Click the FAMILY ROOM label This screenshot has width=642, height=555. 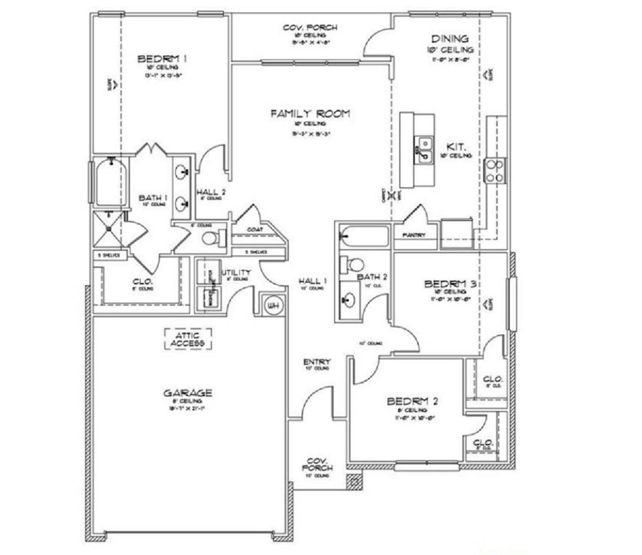point(310,114)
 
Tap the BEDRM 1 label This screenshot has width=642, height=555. point(162,59)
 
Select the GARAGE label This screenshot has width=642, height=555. point(187,393)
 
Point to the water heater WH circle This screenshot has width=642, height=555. point(273,305)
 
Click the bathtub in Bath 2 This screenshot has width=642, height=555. point(364,236)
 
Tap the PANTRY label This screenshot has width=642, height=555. point(414,235)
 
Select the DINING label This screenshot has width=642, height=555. point(449,39)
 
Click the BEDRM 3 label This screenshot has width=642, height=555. point(450,284)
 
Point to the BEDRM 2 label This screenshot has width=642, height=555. point(412,401)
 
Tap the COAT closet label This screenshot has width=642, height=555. point(255,230)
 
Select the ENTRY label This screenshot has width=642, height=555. point(317,362)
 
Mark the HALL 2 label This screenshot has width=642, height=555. point(211,192)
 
